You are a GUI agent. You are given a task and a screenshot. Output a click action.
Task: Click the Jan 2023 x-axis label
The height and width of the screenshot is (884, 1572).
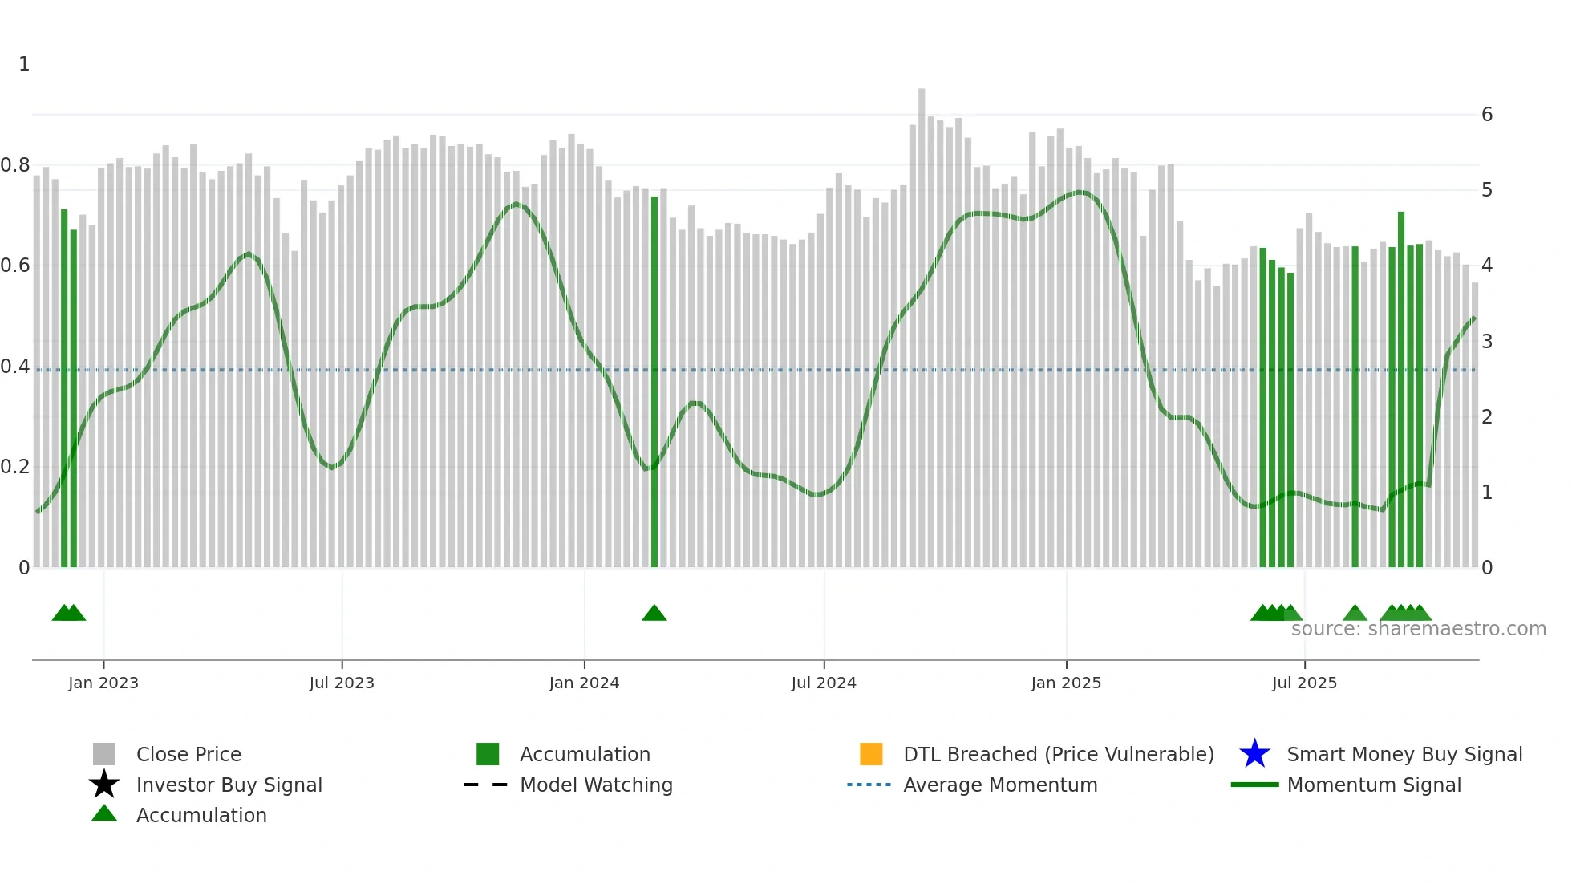point(103,683)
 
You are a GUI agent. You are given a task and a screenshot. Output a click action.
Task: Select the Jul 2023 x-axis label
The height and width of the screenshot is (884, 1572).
point(342,683)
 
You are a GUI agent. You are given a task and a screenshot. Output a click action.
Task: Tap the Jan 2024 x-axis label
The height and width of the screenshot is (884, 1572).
point(584,683)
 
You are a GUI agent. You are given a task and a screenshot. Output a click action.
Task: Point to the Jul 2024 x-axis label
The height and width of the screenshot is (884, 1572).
point(824,683)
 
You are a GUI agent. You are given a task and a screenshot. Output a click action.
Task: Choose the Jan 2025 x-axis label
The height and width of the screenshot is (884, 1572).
point(1066,683)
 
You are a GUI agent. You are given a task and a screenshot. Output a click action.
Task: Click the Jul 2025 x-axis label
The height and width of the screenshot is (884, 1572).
point(1305,683)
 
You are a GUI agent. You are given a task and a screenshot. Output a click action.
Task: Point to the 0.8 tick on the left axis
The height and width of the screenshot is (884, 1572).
point(15,165)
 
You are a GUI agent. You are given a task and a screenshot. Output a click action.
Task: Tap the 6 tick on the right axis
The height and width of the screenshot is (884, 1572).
point(1487,115)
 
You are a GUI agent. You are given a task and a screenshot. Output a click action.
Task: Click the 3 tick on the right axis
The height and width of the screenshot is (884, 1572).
point(1487,341)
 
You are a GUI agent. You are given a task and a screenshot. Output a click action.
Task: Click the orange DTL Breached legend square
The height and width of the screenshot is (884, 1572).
point(871,754)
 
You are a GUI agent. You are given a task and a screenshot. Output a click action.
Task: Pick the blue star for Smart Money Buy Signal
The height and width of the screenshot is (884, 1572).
point(1254,754)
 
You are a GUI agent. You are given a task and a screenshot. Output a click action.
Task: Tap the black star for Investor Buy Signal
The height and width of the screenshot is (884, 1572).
point(104,785)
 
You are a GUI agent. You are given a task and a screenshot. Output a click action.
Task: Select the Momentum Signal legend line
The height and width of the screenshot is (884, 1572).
point(1255,785)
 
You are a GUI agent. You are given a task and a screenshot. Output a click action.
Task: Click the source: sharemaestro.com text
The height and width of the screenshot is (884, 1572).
point(1418,629)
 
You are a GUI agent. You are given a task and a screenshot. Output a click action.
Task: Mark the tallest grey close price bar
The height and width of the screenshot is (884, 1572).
point(922,321)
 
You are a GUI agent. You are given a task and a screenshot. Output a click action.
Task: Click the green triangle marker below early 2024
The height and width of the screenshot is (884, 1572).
point(654,614)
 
